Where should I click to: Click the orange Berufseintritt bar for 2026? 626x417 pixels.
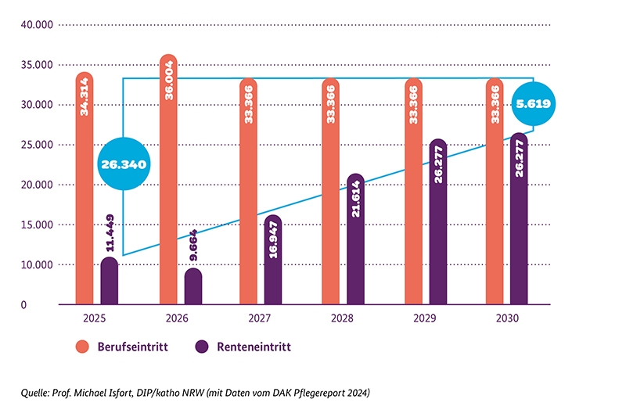[x=168, y=180]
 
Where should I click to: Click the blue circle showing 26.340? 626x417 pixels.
[x=124, y=164]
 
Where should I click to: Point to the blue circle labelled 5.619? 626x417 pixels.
[x=533, y=103]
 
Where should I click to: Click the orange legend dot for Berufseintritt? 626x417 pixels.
[x=81, y=346]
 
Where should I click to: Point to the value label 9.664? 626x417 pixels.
[x=193, y=247]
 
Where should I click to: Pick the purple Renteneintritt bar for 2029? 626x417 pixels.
[x=438, y=223]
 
